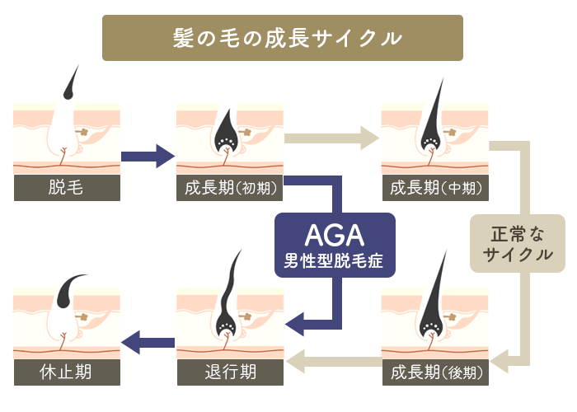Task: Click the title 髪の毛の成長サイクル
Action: pos(288,38)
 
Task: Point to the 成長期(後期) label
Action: pos(434,372)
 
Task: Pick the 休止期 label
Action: pos(67,372)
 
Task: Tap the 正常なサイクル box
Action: pos(518,244)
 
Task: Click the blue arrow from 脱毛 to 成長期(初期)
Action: pos(148,155)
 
